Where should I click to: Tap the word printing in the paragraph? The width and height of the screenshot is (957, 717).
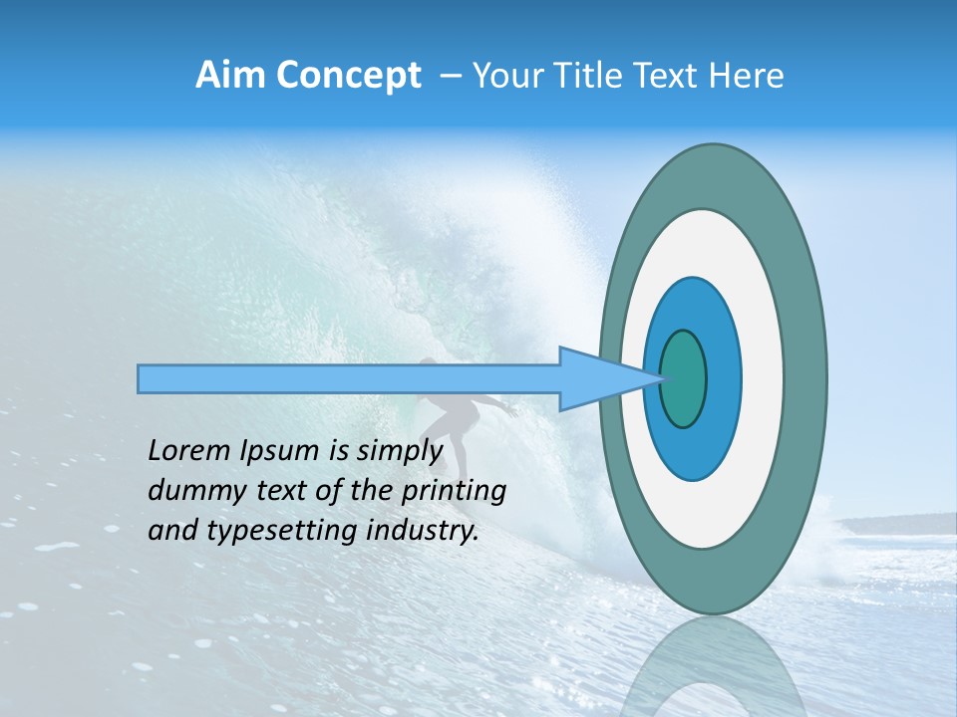click(x=453, y=491)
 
